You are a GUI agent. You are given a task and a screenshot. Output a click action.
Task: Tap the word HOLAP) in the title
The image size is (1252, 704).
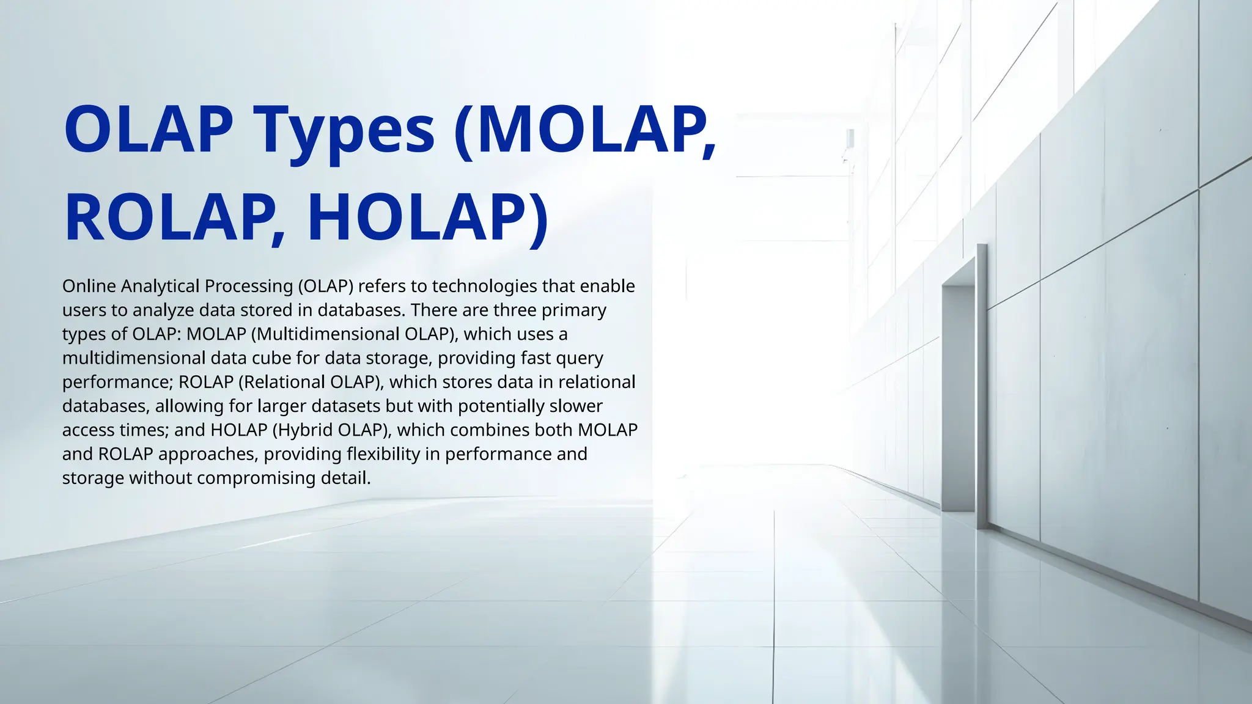tap(428, 218)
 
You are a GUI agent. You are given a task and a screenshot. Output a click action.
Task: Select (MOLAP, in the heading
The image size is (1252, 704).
tap(586, 130)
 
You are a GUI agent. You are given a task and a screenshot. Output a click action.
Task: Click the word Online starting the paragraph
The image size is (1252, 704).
tap(89, 286)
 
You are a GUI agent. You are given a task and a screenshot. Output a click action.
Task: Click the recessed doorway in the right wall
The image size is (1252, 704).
tap(959, 397)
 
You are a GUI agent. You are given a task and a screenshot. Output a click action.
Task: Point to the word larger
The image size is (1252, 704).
tap(282, 406)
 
